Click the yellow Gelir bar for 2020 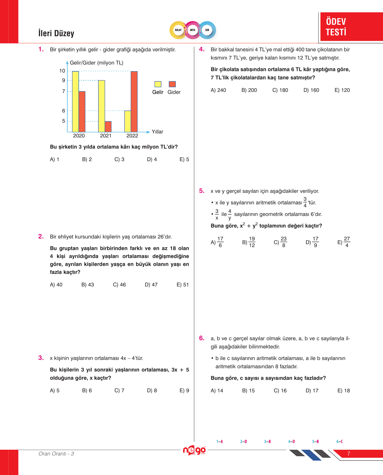(75, 101)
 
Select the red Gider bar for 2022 (134, 101)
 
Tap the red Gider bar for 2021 (108, 126)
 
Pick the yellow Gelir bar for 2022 (128, 121)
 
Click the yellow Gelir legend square (158, 84)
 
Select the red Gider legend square (172, 84)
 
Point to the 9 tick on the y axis (63, 80)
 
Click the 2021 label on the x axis (106, 136)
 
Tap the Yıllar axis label (157, 132)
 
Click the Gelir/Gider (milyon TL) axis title (96, 63)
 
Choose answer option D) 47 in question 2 (151, 285)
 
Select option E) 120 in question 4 (342, 90)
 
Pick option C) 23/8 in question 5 (280, 242)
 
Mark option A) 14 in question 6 (217, 391)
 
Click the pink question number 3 (41, 358)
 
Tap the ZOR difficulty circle (207, 30)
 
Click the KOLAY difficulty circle (178, 30)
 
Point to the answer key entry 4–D (291, 441)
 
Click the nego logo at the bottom (194, 450)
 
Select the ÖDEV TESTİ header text (336, 27)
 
